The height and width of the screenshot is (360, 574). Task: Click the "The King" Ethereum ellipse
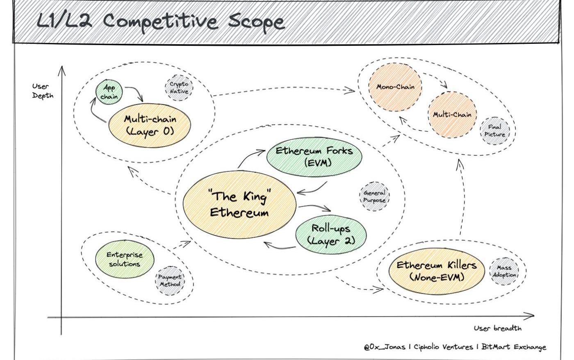point(239,205)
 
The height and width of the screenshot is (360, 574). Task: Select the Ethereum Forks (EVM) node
point(314,156)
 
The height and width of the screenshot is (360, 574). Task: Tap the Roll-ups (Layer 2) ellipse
point(330,234)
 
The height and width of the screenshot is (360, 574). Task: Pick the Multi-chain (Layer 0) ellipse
point(150,125)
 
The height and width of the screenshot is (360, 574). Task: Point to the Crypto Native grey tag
point(179,88)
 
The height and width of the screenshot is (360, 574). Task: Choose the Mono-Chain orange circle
point(395,87)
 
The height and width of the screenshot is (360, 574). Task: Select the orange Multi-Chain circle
point(452,114)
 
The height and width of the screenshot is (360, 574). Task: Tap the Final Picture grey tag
point(494,130)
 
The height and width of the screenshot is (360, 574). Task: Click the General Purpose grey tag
point(374,196)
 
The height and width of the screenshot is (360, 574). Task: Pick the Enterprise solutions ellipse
point(125,259)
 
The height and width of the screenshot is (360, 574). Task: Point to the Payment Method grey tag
point(170,280)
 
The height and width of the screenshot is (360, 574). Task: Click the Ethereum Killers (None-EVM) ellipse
point(436,271)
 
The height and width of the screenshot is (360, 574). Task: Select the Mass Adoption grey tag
point(504,271)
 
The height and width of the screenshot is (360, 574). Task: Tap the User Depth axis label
point(43,91)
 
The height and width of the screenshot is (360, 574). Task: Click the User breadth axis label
point(497,328)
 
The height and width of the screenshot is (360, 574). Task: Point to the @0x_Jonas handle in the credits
point(384,347)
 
